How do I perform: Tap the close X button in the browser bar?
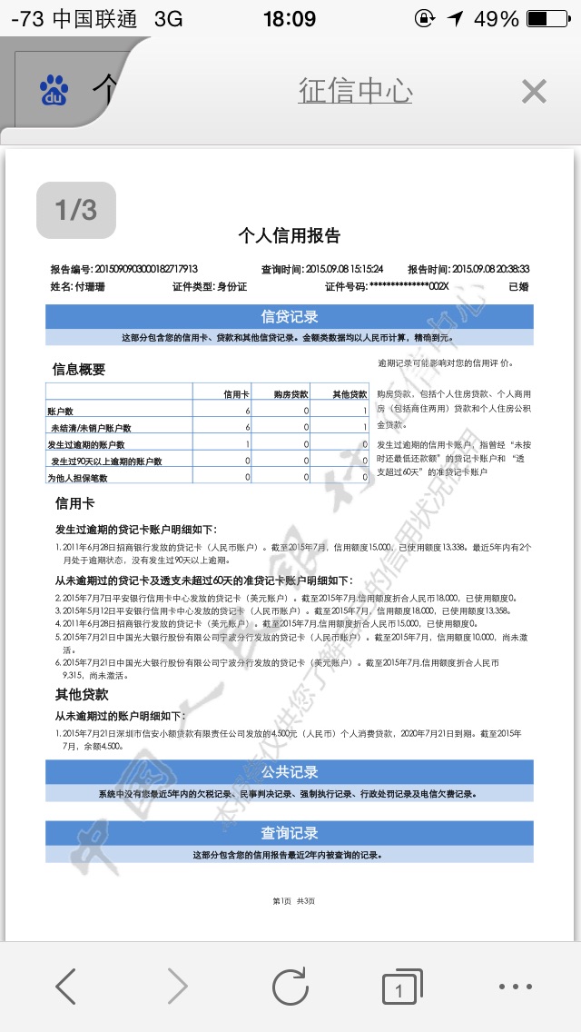(x=534, y=91)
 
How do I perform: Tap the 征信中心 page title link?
(x=355, y=91)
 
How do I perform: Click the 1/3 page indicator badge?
(x=76, y=210)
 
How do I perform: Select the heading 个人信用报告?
(x=289, y=236)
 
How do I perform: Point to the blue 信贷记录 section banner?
(x=290, y=317)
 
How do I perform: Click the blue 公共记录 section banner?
(x=290, y=772)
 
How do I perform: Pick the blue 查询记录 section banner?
(x=290, y=833)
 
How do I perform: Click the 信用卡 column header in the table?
(x=236, y=394)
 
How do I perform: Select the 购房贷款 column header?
(x=290, y=394)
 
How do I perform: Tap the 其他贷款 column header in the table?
(x=348, y=394)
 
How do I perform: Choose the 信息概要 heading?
(x=79, y=370)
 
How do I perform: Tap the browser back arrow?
(x=65, y=986)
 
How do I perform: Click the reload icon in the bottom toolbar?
(x=290, y=986)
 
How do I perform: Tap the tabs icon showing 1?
(x=399, y=987)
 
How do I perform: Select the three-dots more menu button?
(x=516, y=986)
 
